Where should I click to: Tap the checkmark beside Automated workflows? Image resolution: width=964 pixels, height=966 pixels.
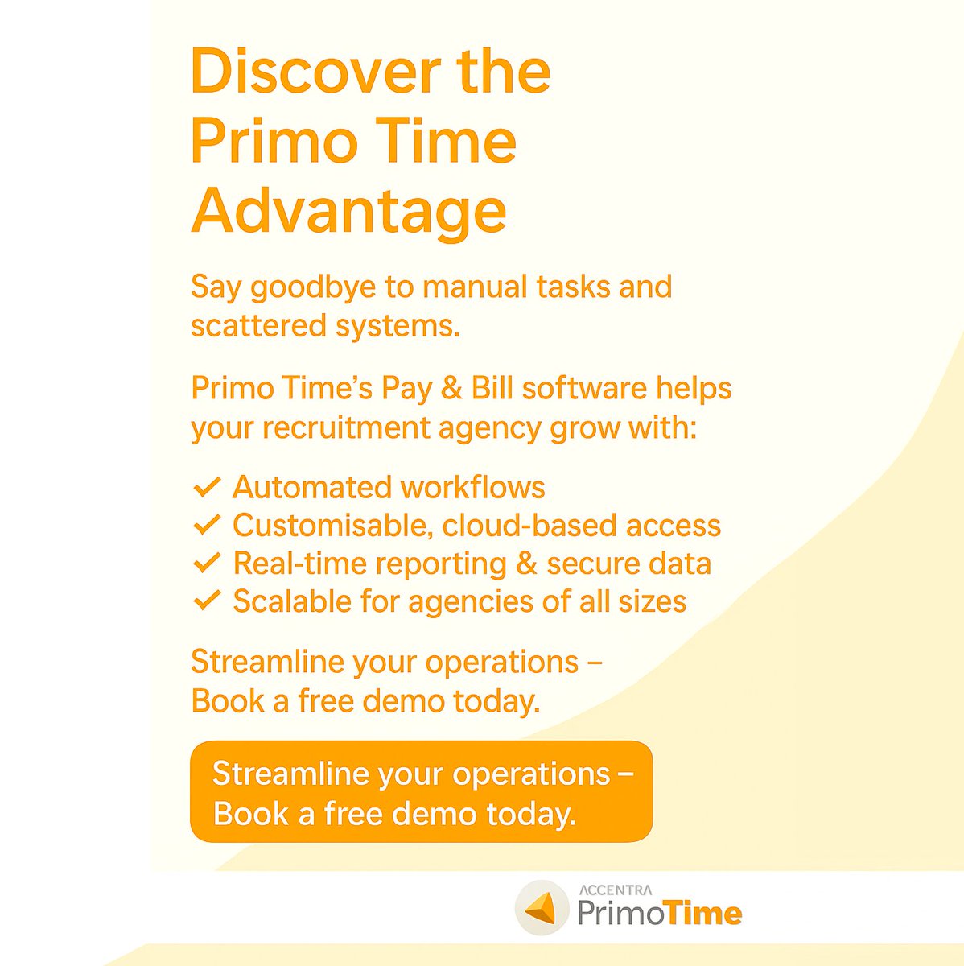pos(207,487)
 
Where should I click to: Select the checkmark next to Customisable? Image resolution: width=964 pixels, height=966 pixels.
pos(207,525)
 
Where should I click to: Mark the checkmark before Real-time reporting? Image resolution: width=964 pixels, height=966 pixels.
pos(207,563)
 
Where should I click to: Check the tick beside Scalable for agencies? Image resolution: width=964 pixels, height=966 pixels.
pos(207,601)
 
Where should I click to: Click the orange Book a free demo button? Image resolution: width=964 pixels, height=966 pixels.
pos(421,792)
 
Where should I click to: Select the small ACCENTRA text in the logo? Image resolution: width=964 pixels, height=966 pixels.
pos(616,890)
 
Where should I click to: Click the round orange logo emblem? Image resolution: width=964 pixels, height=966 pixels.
pos(541,909)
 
